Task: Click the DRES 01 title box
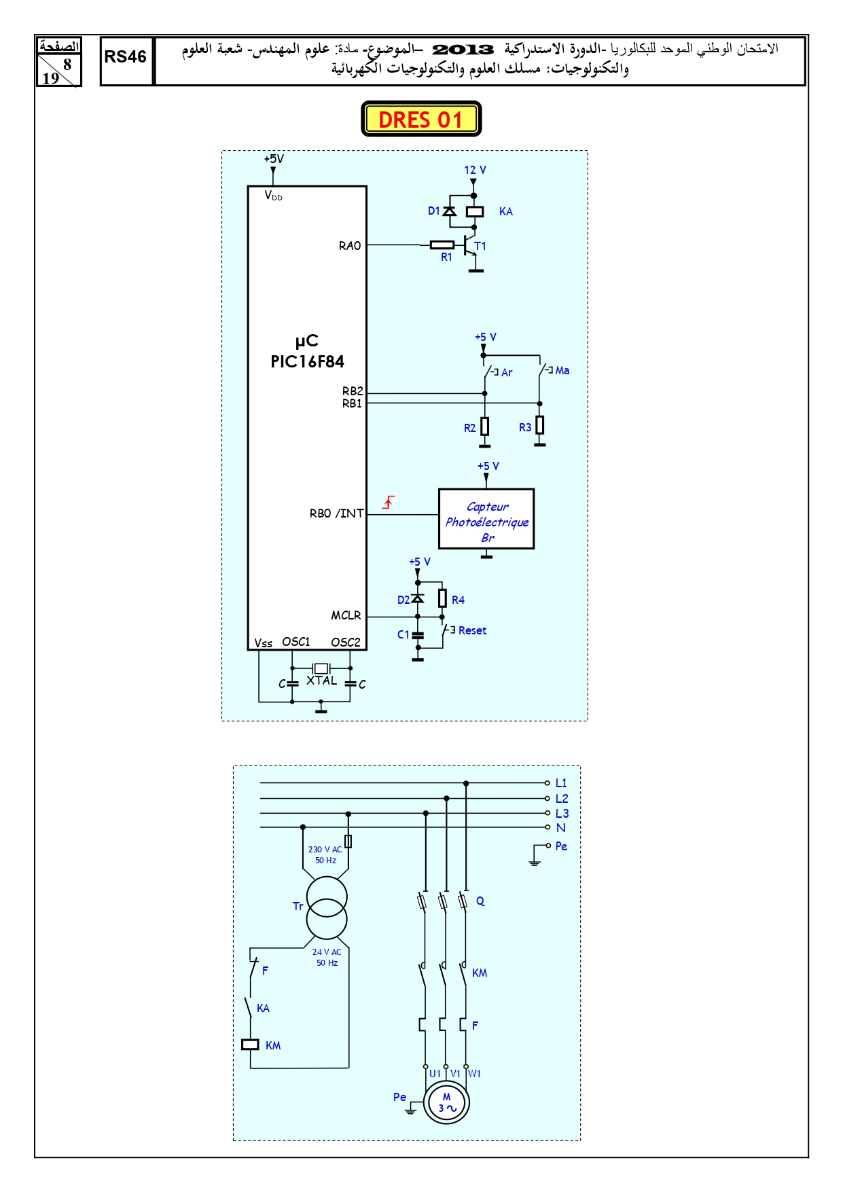click(x=421, y=119)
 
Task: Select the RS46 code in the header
click(x=126, y=57)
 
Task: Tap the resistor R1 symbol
click(x=442, y=245)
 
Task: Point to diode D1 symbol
click(x=449, y=211)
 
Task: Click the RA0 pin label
click(x=350, y=246)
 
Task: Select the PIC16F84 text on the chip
click(x=307, y=361)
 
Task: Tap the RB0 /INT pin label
click(x=337, y=513)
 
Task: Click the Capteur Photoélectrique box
click(x=486, y=519)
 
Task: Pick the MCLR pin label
click(x=346, y=615)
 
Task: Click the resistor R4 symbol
click(x=442, y=598)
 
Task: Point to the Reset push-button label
click(x=472, y=630)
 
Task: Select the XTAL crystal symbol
click(x=321, y=668)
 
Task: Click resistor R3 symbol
click(x=540, y=425)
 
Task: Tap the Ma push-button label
click(x=562, y=370)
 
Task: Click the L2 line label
click(x=562, y=799)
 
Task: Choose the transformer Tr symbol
click(x=327, y=907)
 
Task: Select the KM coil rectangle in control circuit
click(x=251, y=1045)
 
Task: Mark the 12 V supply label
click(x=475, y=170)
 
